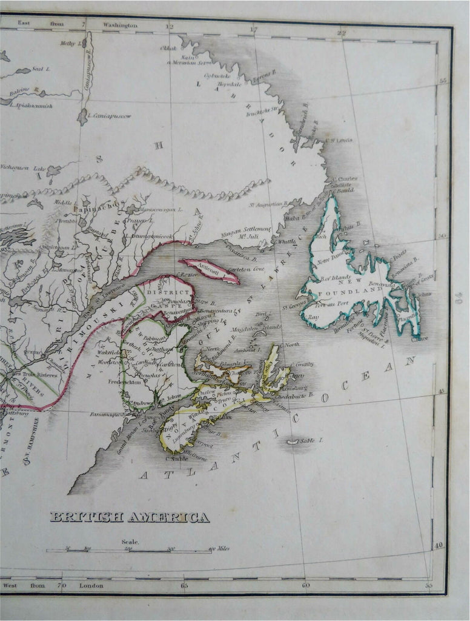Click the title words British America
pos(130,517)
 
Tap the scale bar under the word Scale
pos(129,551)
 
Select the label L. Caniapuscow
pos(109,116)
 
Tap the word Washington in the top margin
pos(120,25)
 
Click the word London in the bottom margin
pos(91,585)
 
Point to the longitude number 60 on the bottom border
pos(305,585)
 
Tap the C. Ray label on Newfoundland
pos(312,317)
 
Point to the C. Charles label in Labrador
pos(344,179)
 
